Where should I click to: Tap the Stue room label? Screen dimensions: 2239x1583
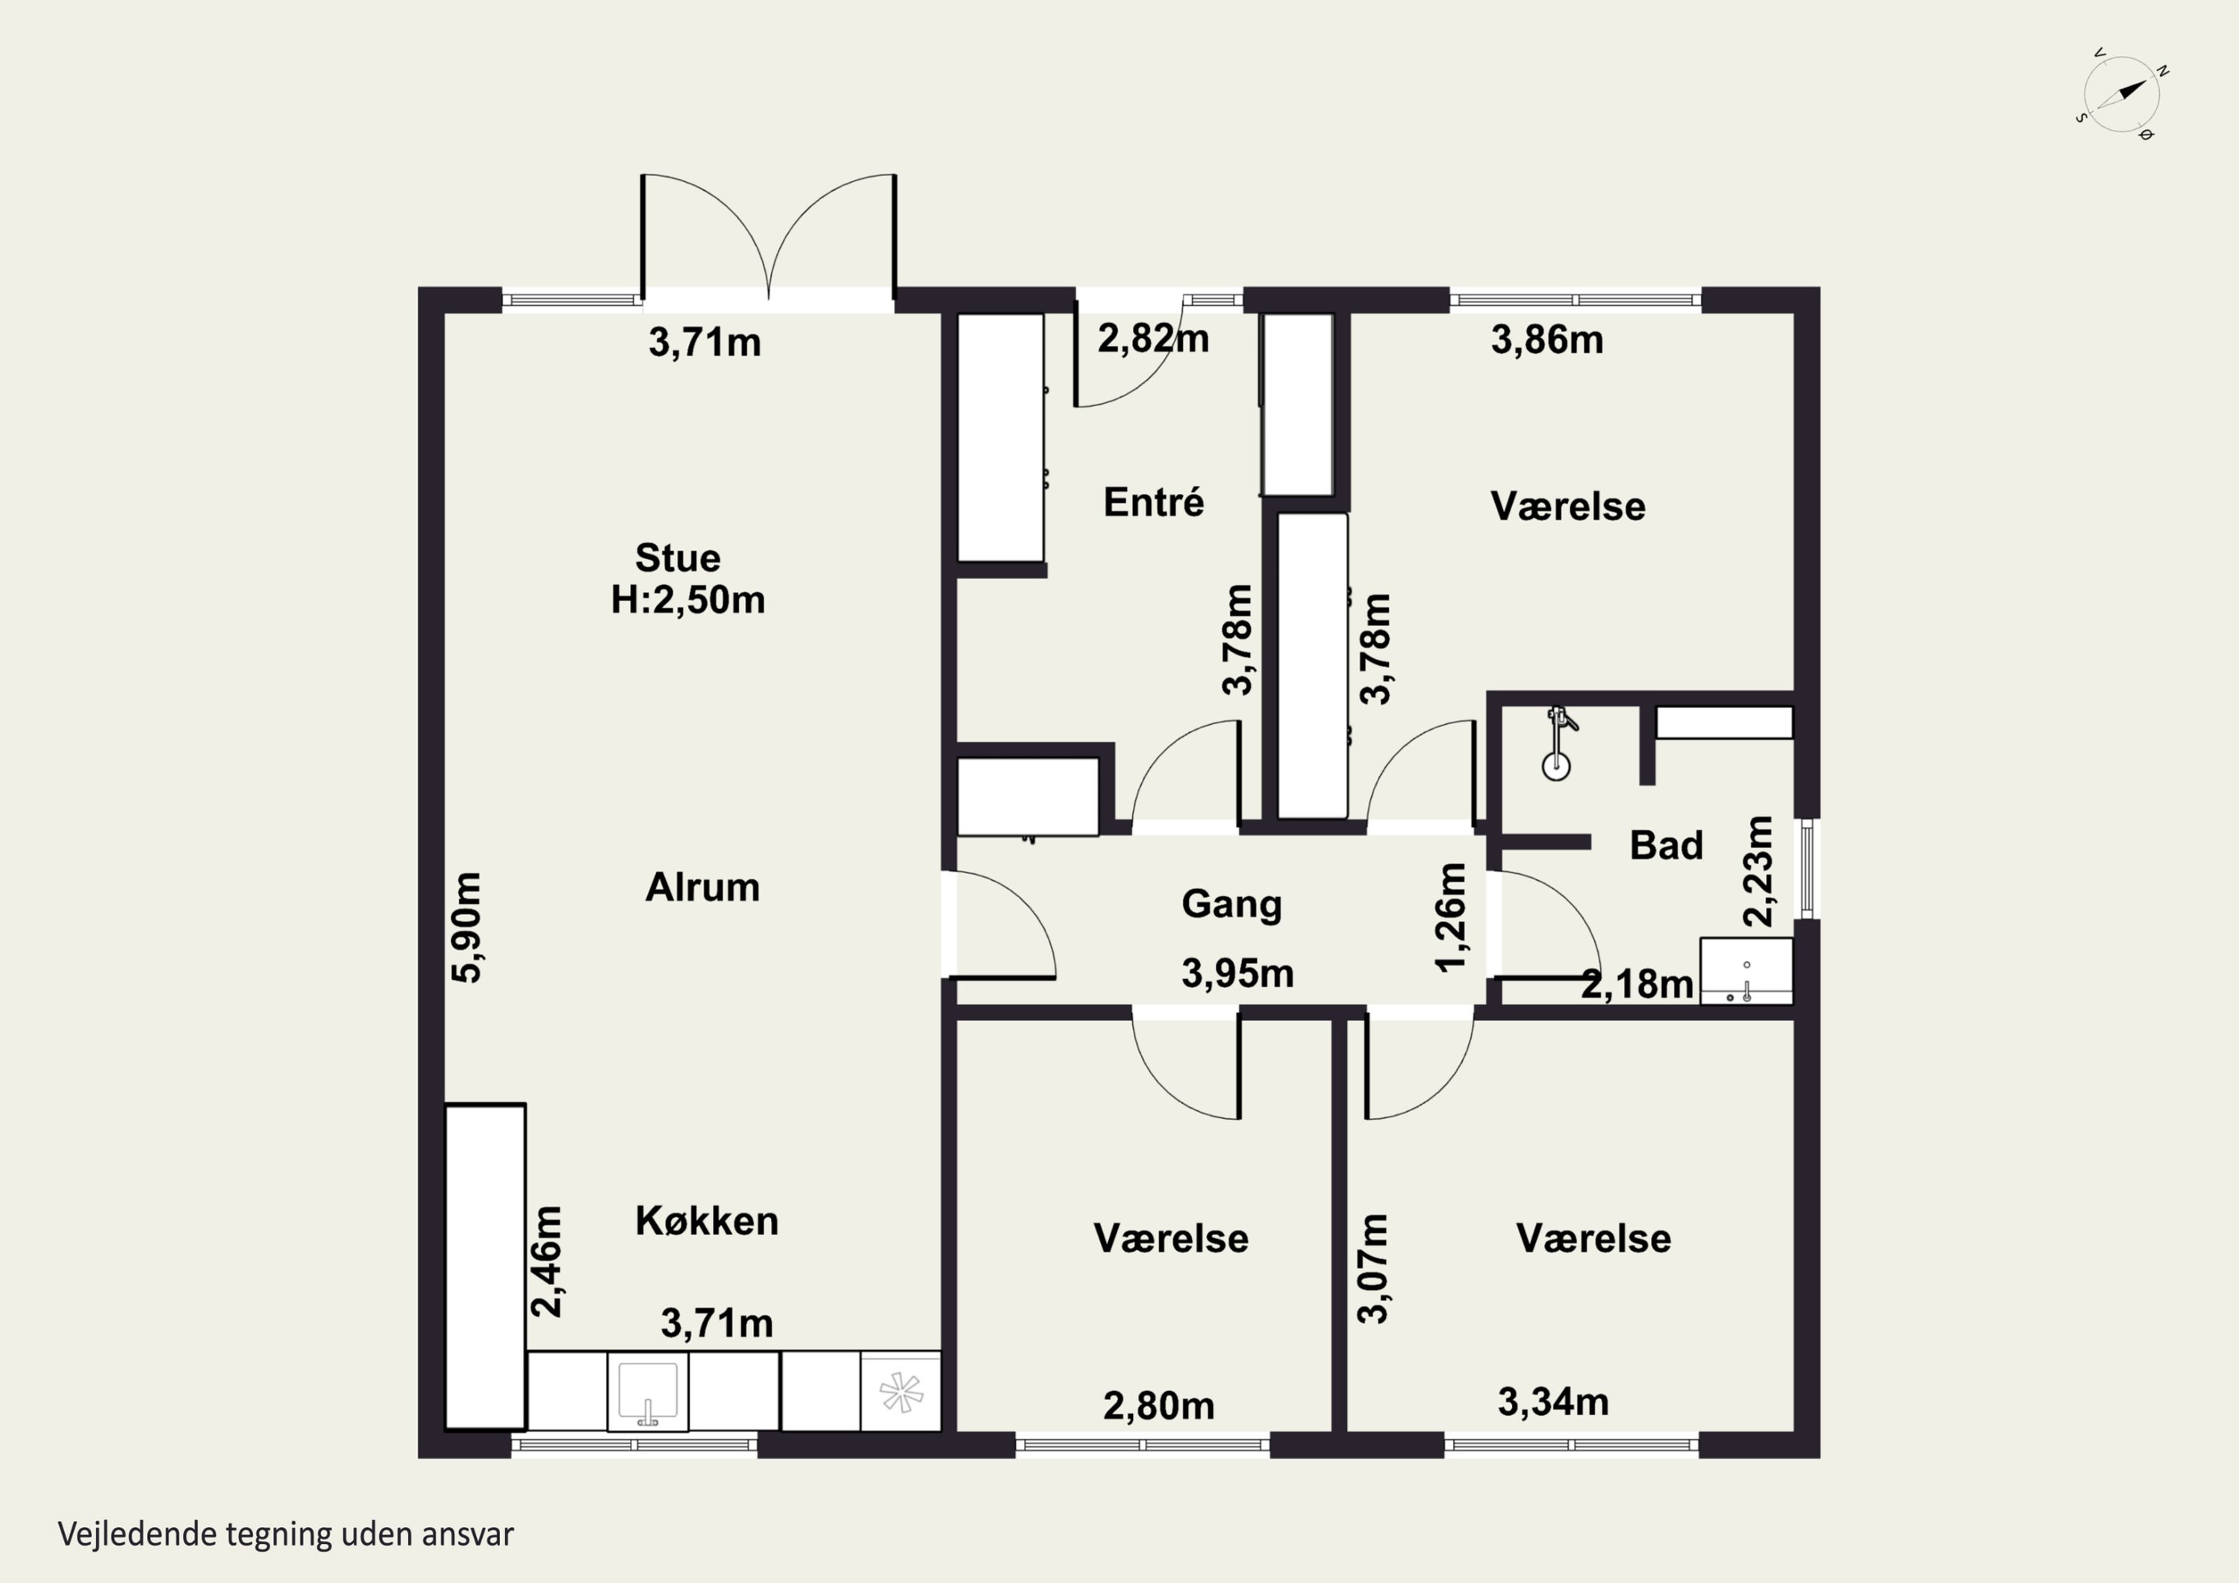(678, 558)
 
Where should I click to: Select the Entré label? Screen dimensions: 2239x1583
(1154, 502)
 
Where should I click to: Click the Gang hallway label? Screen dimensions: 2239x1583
(1231, 904)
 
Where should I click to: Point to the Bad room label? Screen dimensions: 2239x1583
(1667, 845)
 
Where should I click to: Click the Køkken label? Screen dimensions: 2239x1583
(707, 1220)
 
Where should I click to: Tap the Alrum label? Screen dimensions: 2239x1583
(702, 887)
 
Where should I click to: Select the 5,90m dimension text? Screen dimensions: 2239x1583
(466, 928)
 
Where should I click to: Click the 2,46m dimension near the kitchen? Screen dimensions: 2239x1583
(547, 1261)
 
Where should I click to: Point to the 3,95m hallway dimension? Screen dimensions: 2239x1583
(1237, 973)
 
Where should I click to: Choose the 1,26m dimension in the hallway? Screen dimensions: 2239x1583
(1451, 918)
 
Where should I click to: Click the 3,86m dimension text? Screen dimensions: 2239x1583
(1546, 340)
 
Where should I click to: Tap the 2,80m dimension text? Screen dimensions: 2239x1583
(1158, 1405)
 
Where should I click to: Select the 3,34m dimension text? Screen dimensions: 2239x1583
(1553, 1402)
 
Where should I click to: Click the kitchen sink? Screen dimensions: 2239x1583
(648, 1391)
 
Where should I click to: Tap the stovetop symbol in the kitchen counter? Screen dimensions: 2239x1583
(900, 1392)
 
